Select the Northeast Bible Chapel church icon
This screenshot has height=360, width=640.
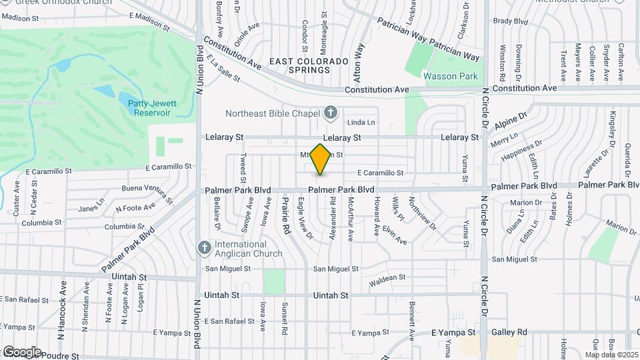click(x=329, y=113)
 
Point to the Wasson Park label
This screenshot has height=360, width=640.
click(x=451, y=76)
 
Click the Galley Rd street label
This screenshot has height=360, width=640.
click(x=510, y=332)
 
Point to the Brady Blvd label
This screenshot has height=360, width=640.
click(x=511, y=21)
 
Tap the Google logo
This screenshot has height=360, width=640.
click(x=22, y=351)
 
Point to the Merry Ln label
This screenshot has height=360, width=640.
click(x=503, y=141)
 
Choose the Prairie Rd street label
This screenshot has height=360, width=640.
click(x=285, y=215)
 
